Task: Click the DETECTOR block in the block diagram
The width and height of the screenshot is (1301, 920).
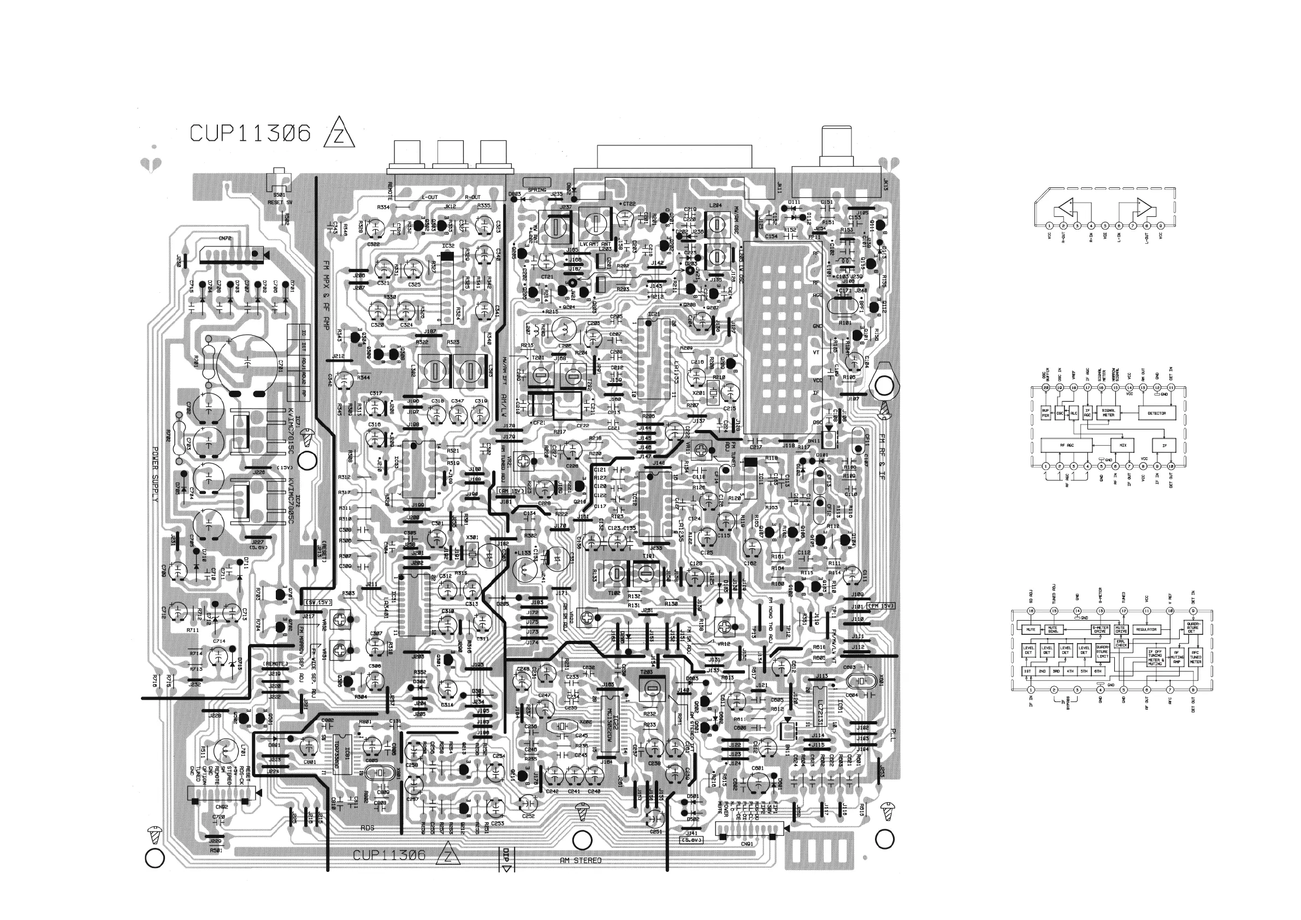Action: coord(1156,413)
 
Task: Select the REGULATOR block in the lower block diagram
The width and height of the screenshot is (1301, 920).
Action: coord(1146,629)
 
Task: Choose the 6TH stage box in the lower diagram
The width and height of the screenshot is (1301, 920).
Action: coord(1098,671)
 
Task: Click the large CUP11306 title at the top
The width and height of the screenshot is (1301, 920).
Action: coord(251,133)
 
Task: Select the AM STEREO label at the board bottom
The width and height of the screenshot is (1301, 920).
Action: coord(580,860)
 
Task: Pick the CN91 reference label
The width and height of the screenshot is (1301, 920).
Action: coord(747,843)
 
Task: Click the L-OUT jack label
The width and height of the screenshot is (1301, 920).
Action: coord(429,197)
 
